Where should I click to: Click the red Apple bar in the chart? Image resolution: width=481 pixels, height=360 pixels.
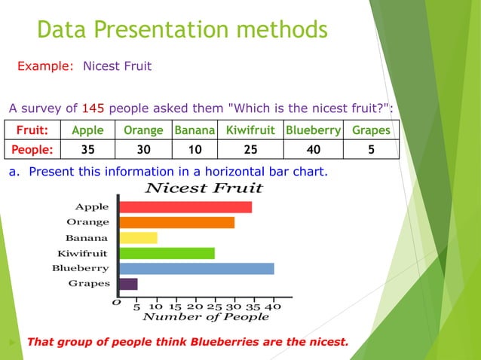tap(185, 207)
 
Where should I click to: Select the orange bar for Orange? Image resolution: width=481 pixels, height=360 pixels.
tap(176, 222)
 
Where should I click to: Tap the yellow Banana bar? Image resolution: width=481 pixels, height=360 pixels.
tap(138, 238)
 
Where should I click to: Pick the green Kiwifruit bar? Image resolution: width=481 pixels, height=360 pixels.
tap(167, 253)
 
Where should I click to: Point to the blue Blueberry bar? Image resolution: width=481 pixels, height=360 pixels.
tap(196, 269)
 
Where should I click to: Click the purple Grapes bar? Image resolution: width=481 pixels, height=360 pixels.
tap(128, 284)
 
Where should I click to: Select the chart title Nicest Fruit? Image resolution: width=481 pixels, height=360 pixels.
tap(204, 188)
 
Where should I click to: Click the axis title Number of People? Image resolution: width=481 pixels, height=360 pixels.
tap(205, 317)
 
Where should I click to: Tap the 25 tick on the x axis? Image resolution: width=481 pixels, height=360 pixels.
tap(214, 307)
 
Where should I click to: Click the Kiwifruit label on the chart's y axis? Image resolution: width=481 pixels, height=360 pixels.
tap(82, 253)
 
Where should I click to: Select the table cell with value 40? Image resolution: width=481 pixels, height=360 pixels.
tap(313, 149)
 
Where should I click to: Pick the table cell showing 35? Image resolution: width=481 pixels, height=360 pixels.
tap(87, 149)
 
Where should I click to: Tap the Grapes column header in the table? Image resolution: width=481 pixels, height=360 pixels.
tap(371, 130)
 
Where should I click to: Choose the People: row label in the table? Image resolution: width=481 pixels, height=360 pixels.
tap(32, 149)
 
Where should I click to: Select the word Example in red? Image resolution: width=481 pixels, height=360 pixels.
tap(44, 66)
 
